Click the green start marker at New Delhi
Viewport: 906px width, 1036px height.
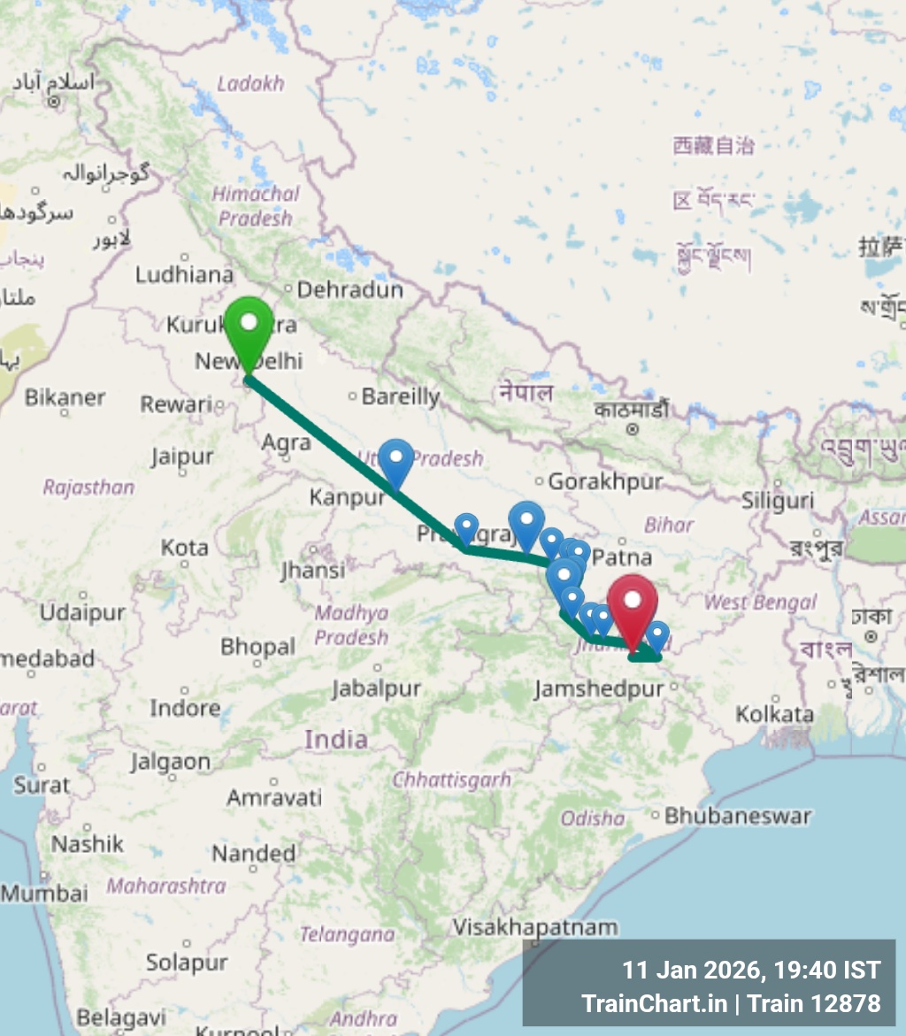point(249,327)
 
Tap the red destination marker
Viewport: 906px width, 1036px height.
point(632,604)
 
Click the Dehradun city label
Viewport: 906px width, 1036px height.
point(349,290)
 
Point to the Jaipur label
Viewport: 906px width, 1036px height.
point(181,457)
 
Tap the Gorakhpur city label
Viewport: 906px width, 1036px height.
point(605,482)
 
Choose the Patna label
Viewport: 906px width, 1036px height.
point(622,558)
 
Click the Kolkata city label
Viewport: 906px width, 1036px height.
point(774,714)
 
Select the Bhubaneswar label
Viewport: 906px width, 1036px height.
point(737,816)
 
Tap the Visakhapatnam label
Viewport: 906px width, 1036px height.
point(535,927)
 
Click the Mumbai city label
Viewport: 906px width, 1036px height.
point(44,893)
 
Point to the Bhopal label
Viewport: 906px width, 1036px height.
point(257,647)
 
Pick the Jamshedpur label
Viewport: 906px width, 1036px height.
point(598,688)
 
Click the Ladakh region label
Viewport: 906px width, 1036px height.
point(250,84)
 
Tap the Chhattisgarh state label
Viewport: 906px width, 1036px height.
point(451,779)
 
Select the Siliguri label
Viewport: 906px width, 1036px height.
point(777,501)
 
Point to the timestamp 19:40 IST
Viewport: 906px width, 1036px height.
point(826,971)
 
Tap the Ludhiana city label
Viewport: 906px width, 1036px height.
point(184,274)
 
